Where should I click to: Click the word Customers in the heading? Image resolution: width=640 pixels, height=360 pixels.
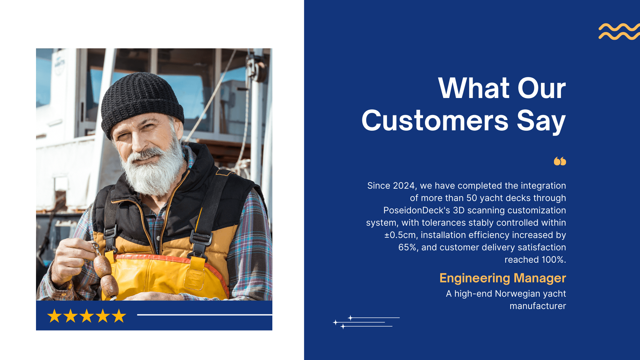pos(435,120)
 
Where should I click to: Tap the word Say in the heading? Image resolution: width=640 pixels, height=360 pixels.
pos(541,122)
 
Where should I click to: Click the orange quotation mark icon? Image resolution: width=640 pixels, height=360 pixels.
pos(560,161)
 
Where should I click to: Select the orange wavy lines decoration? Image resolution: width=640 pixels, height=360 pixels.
pos(619,32)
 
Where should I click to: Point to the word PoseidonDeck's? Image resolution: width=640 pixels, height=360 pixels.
pos(417,210)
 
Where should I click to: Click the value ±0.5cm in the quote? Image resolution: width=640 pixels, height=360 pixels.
pos(400,235)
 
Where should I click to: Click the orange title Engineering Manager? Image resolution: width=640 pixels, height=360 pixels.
pos(503,278)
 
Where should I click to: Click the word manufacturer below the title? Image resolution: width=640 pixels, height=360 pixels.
pos(538,306)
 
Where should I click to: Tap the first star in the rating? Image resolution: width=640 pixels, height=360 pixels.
pos(54,316)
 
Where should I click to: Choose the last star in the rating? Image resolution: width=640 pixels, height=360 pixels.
pos(119,316)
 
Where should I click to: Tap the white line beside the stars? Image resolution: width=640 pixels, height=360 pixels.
pos(205,315)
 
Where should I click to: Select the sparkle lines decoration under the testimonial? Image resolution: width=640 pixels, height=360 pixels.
pos(366,322)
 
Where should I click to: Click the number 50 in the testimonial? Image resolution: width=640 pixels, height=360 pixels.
pos(472,198)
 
